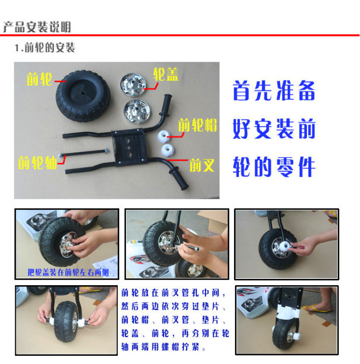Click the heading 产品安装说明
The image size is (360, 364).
[x=37, y=27]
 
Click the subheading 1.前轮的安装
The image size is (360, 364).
[x=45, y=48]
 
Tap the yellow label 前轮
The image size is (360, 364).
[x=39, y=79]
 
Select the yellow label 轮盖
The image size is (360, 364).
[x=166, y=74]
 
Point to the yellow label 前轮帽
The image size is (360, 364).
[x=198, y=125]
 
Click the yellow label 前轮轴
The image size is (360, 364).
[x=37, y=163]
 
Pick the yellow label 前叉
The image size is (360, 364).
[x=202, y=165]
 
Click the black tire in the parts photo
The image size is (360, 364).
[x=83, y=96]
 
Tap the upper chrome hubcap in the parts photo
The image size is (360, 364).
[x=133, y=85]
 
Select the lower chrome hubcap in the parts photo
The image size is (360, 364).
[x=137, y=111]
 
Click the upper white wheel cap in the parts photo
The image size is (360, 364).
[x=164, y=136]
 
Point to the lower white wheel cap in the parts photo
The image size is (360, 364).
[x=167, y=150]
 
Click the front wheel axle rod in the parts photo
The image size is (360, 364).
[x=84, y=153]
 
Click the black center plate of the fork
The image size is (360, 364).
[x=129, y=146]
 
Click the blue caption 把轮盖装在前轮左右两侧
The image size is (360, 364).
[x=68, y=272]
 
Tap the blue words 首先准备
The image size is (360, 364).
[x=274, y=90]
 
